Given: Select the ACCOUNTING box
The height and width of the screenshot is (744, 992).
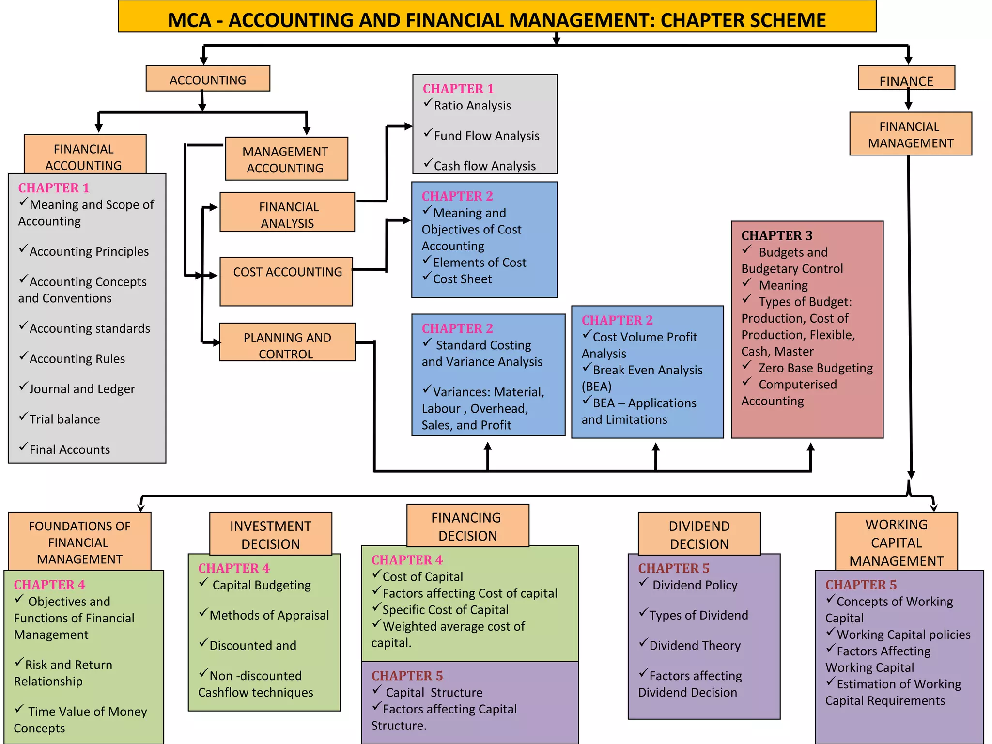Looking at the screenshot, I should click(x=208, y=79).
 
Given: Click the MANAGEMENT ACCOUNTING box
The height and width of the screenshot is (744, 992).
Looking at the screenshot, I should click(x=286, y=159).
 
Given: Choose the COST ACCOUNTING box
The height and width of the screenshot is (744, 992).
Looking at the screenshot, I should click(x=286, y=281).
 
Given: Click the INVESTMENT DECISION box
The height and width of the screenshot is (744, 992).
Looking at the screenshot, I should click(x=271, y=534).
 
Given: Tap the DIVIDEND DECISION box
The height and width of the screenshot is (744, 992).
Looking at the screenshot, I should click(x=699, y=534).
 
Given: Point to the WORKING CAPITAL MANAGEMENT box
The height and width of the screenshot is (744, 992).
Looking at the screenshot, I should click(x=897, y=542).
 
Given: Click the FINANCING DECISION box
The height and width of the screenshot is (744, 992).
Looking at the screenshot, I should click(x=467, y=526).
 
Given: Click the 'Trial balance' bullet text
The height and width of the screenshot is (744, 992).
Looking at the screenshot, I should click(x=64, y=419).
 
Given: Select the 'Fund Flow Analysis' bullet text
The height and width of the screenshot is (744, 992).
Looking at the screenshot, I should click(x=486, y=136).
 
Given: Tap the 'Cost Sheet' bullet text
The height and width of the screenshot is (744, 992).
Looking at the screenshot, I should click(x=462, y=279).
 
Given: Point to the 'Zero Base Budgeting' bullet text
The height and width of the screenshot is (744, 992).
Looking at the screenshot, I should click(x=816, y=368).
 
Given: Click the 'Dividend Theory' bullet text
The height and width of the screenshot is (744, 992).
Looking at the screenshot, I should click(x=695, y=646).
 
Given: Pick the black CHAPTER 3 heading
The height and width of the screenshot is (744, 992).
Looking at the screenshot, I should click(x=776, y=235).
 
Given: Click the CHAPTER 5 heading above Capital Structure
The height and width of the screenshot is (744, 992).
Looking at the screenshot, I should click(x=407, y=676).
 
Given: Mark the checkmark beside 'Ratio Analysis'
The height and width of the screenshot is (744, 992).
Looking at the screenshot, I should click(x=428, y=103).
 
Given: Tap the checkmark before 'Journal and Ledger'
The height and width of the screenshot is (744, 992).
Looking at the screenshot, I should click(x=23, y=387).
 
